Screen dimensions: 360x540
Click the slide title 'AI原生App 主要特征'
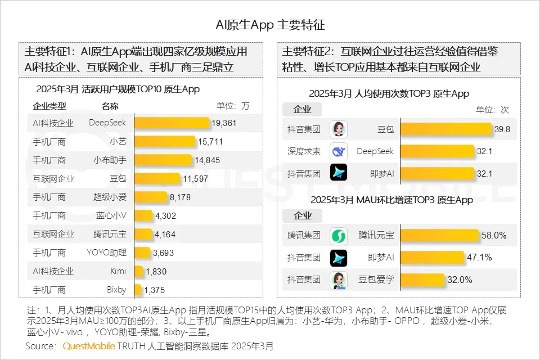point(270,25)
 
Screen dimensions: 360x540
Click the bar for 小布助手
point(163,160)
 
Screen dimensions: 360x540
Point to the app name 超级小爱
point(110,197)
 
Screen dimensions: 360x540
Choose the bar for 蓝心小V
point(143,215)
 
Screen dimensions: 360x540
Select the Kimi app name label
point(118,271)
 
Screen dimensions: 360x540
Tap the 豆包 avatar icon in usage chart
point(339,129)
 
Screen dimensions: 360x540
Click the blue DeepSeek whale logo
point(339,151)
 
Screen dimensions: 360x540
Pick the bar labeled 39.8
point(445,129)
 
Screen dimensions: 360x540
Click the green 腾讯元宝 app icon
point(339,236)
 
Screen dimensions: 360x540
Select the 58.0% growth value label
point(495,236)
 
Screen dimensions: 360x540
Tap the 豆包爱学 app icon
point(339,280)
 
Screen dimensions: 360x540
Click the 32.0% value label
point(460,280)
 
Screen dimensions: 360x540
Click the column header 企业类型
point(49,106)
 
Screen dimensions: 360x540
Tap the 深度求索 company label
point(304,151)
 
